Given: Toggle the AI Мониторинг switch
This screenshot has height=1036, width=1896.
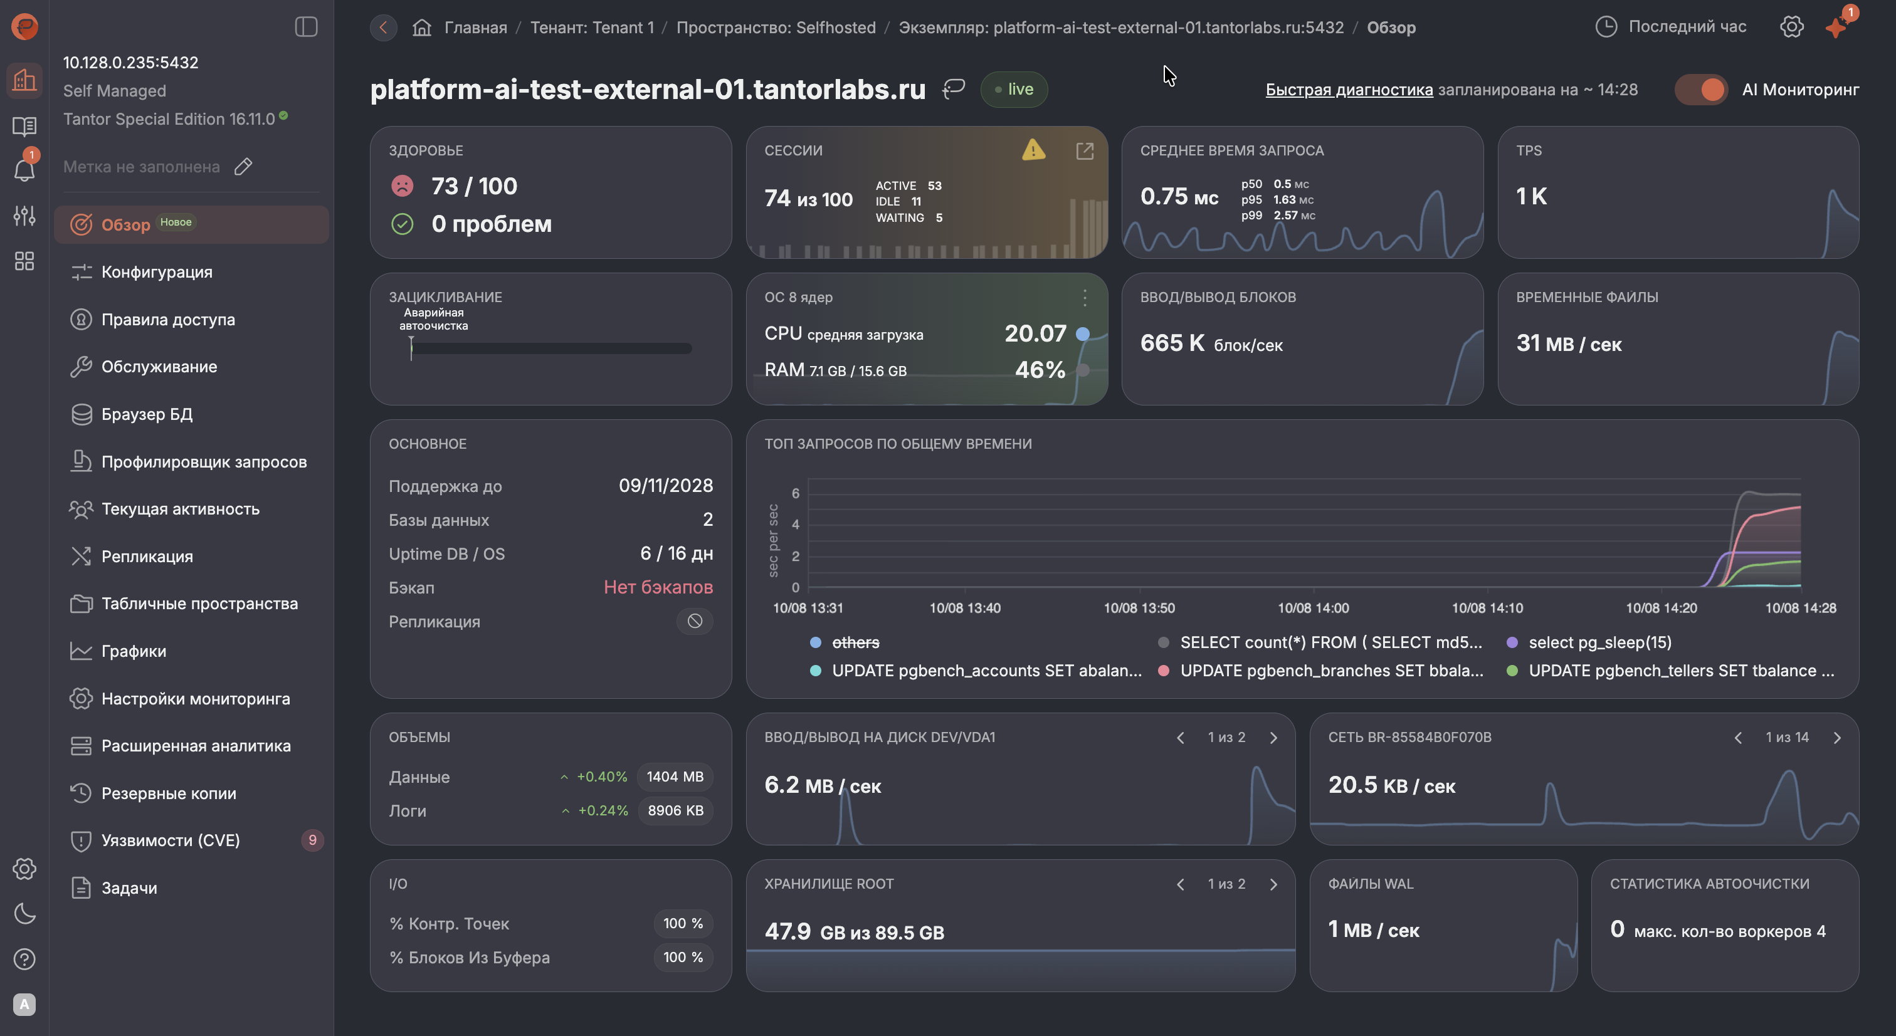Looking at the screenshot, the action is pos(1701,90).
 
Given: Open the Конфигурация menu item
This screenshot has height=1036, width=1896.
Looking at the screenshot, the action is pos(157,271).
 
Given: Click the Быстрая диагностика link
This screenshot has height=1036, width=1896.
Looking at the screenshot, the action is pos(1349,90).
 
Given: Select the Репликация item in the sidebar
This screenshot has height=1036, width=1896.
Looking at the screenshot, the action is pos(147,557).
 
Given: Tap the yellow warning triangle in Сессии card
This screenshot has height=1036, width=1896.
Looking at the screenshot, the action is pos(1033,150).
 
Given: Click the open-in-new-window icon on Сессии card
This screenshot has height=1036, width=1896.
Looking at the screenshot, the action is pos(1084,151).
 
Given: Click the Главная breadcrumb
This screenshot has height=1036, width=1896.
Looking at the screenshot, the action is pos(475,27).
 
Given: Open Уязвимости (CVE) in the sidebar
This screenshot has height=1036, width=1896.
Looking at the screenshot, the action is pos(171,840).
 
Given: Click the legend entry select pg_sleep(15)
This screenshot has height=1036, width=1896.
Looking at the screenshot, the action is pos(1600,642).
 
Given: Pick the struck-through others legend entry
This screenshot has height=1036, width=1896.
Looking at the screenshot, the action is pos(856,642).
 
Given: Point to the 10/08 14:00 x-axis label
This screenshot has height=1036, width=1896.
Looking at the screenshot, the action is pos(1313,608).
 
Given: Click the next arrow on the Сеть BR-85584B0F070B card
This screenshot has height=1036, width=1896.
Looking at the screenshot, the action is pos(1837,737).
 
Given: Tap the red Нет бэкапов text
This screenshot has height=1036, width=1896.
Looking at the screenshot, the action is pos(658,587).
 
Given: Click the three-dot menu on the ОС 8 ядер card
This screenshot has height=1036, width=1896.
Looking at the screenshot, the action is pos(1085,297).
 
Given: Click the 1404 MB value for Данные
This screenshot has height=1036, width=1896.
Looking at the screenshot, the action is pos(675,777).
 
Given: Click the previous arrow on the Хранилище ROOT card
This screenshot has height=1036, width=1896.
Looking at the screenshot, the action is pos(1181,884).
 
